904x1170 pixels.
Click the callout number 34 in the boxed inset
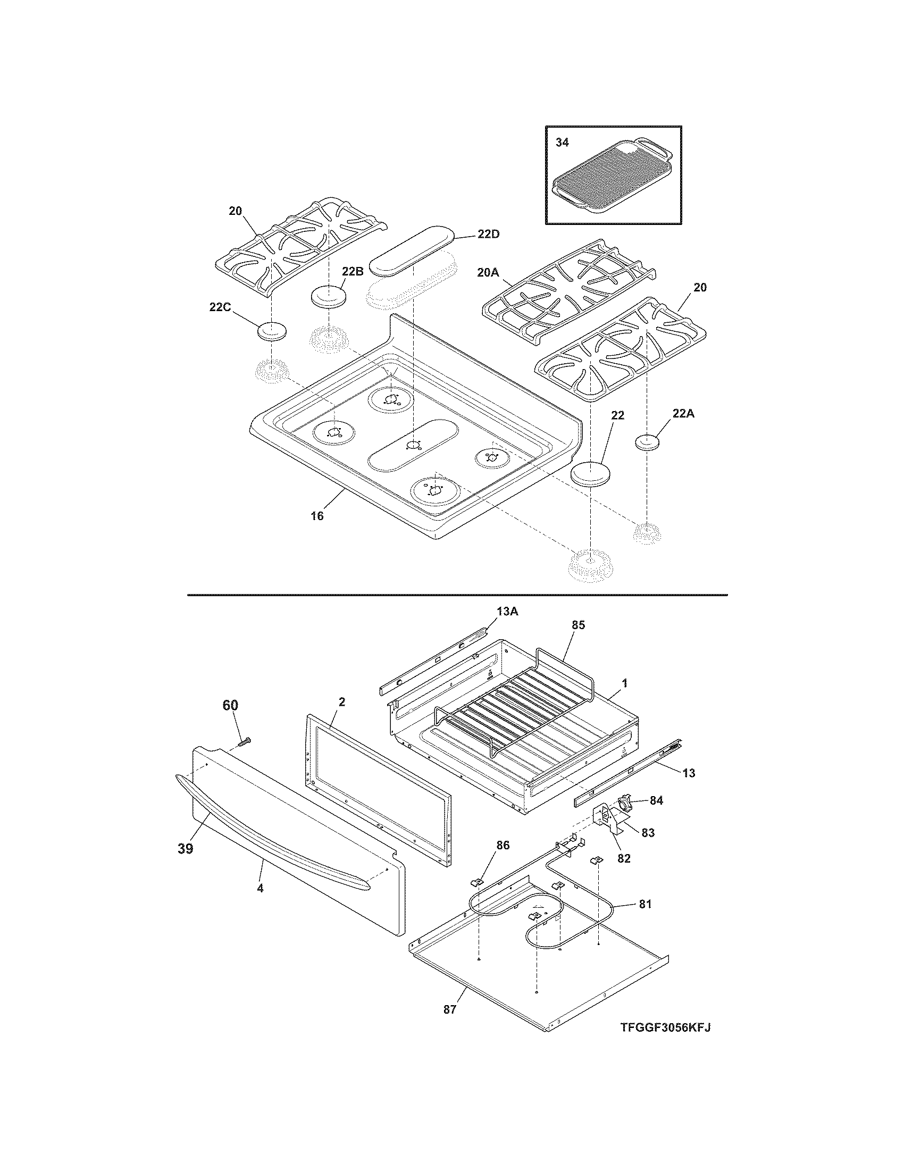click(x=562, y=143)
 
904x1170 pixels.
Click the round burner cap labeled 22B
click(x=328, y=296)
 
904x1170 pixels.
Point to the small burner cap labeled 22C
click(x=272, y=332)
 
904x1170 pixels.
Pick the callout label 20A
click(x=487, y=272)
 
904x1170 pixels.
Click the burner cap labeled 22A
click(x=647, y=443)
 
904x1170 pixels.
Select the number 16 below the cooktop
click(x=317, y=516)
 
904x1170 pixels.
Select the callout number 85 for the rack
click(x=579, y=625)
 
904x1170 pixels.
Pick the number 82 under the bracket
click(x=624, y=858)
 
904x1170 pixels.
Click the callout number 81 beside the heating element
click(x=645, y=904)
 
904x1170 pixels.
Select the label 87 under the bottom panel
click(x=449, y=1009)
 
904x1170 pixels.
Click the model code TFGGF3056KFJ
click(x=666, y=1027)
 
